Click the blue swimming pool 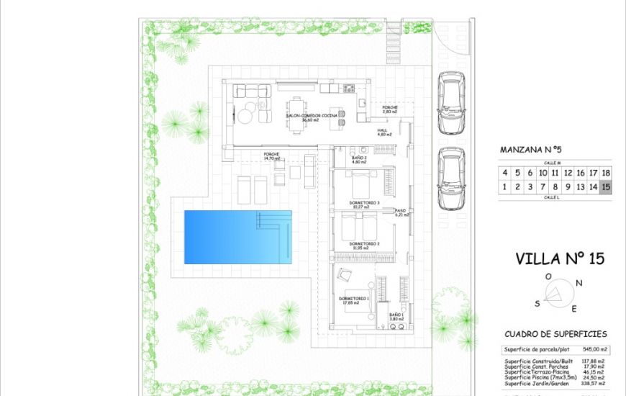(237, 237)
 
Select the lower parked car (451, 178)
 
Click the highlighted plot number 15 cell (606, 187)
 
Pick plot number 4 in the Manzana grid (505, 173)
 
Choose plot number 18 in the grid (606, 173)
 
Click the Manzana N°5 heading (530, 150)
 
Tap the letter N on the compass (578, 283)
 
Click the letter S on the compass (537, 303)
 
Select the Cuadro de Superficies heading (555, 334)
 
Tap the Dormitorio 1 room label (353, 298)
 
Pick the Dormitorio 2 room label (363, 243)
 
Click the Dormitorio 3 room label (363, 203)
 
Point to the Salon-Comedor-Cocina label (312, 115)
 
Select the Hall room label (383, 130)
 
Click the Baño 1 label (396, 315)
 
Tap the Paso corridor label (400, 210)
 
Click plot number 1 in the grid (505, 187)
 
